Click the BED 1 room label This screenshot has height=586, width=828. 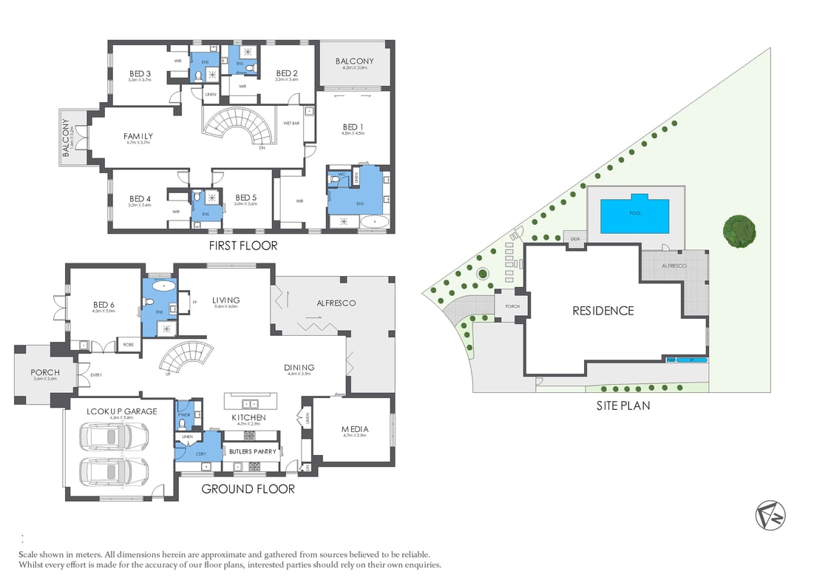352,127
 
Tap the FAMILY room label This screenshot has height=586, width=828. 138,136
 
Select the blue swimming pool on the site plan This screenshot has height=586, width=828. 635,212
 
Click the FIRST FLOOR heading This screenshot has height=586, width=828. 243,246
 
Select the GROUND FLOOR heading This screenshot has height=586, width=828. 248,489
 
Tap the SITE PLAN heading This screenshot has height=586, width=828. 623,405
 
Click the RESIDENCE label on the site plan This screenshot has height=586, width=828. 603,311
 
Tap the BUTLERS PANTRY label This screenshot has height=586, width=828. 252,451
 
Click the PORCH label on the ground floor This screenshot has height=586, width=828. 44,372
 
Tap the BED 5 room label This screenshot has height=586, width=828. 245,198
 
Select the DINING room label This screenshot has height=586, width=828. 299,368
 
